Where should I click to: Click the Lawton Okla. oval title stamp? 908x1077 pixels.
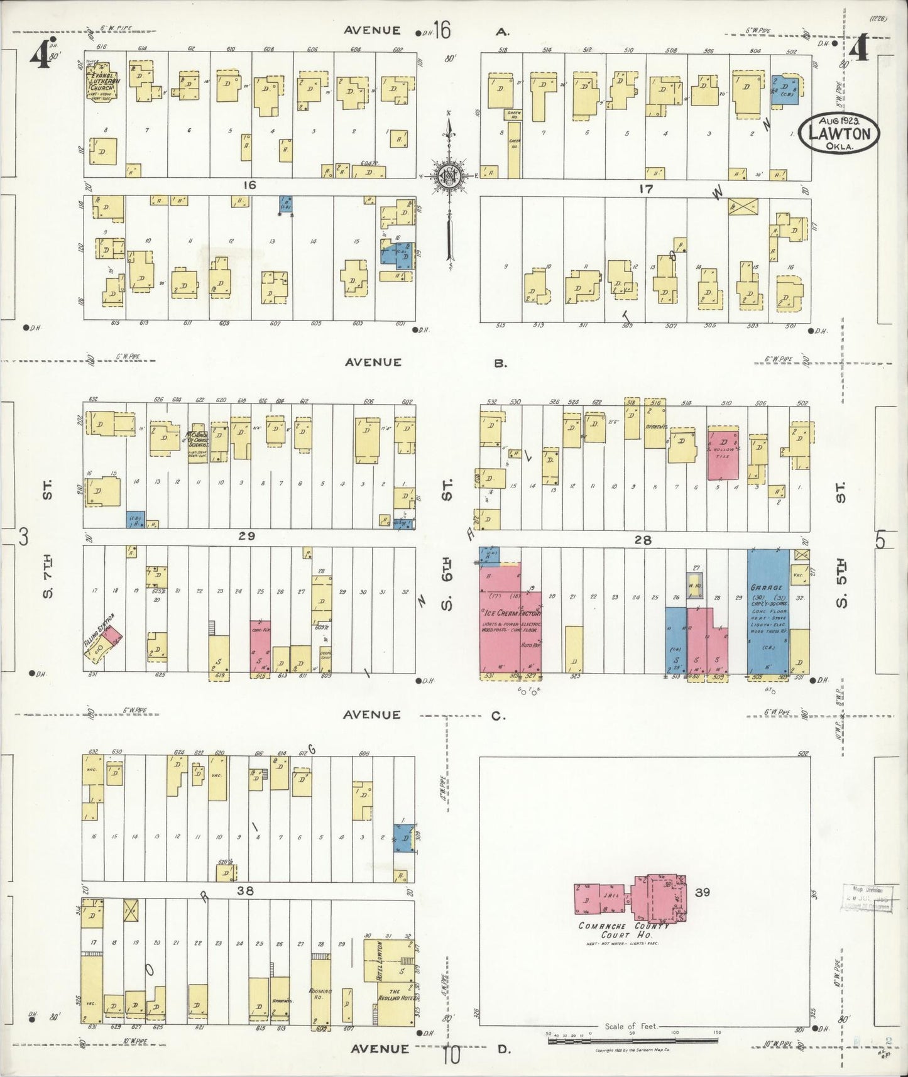839,133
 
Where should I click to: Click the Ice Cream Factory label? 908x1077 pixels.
510,612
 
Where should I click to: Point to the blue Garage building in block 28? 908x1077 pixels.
768,613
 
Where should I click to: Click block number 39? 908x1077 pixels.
702,891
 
